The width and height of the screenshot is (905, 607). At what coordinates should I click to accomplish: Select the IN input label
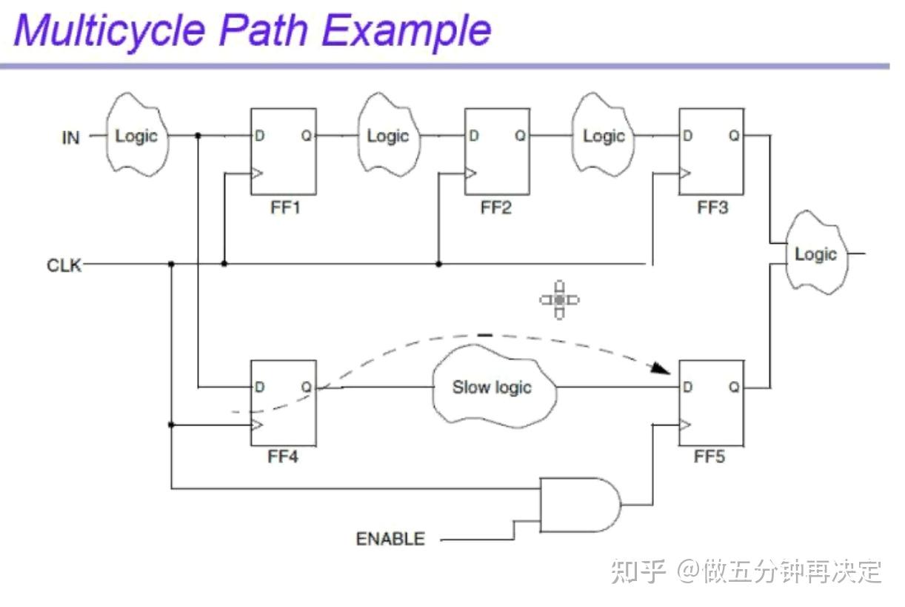[x=70, y=138]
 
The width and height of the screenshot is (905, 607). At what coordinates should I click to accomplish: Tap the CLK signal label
[x=64, y=265]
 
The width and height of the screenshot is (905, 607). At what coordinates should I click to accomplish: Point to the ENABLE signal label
[x=390, y=539]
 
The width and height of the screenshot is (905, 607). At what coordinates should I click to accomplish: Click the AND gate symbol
[x=579, y=505]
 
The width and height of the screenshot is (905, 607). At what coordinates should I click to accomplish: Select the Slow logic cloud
[x=492, y=388]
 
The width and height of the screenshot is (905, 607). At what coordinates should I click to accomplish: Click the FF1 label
[x=285, y=208]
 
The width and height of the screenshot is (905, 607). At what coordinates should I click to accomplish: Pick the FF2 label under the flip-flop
[x=496, y=208]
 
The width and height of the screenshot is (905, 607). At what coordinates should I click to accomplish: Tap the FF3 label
[x=712, y=208]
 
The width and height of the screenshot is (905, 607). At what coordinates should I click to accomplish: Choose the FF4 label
[x=282, y=457]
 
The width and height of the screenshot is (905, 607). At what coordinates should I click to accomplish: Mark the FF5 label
[x=709, y=457]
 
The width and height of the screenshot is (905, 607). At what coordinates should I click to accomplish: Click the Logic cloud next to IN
[x=137, y=136]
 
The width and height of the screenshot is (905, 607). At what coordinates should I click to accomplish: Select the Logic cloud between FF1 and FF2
[x=388, y=136]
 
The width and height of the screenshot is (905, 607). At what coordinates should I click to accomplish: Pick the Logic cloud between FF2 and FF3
[x=604, y=136]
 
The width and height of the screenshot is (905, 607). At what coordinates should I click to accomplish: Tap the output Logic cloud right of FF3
[x=815, y=254]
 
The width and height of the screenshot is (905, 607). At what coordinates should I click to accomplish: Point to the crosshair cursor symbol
[x=559, y=299]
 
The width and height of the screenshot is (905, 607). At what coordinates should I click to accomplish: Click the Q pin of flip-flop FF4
[x=307, y=387]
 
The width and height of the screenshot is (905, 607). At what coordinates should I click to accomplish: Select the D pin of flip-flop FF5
[x=688, y=387]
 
